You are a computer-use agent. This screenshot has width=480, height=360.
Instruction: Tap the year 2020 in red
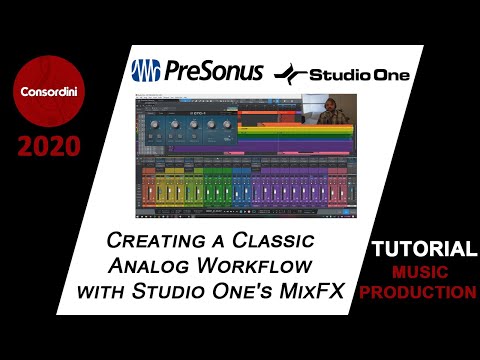(x=49, y=149)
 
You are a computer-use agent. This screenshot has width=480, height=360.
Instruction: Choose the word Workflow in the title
(x=264, y=267)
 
